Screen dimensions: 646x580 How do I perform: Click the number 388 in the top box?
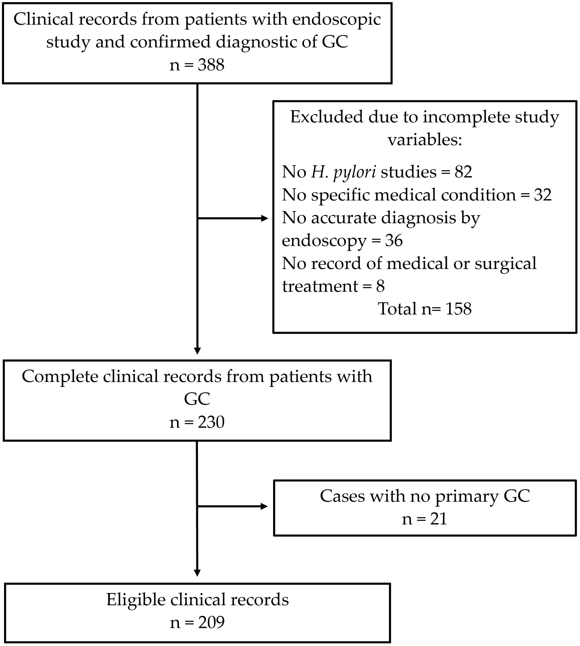pyautogui.click(x=211, y=65)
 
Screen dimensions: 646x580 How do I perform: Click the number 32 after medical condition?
pyautogui.click(x=543, y=195)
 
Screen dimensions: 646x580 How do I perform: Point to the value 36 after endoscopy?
pyautogui.click(x=394, y=240)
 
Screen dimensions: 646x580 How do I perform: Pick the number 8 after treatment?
pyautogui.click(x=380, y=286)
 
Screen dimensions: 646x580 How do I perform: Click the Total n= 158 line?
pyautogui.click(x=425, y=308)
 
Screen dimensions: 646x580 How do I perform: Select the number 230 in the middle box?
pyautogui.click(x=211, y=422)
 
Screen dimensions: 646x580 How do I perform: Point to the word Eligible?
pyautogui.click(x=136, y=600)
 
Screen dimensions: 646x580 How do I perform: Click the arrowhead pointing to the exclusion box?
pyautogui.click(x=265, y=218)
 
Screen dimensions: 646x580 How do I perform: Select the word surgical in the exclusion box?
pyautogui.click(x=505, y=263)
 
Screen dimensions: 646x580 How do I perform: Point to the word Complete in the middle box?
pyautogui.click(x=60, y=377)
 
